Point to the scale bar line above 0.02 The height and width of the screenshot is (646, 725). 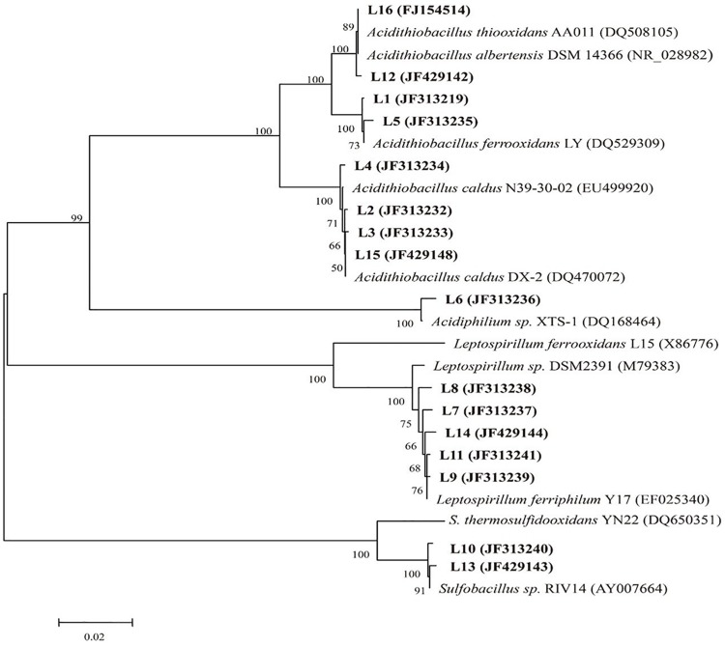(x=94, y=620)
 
